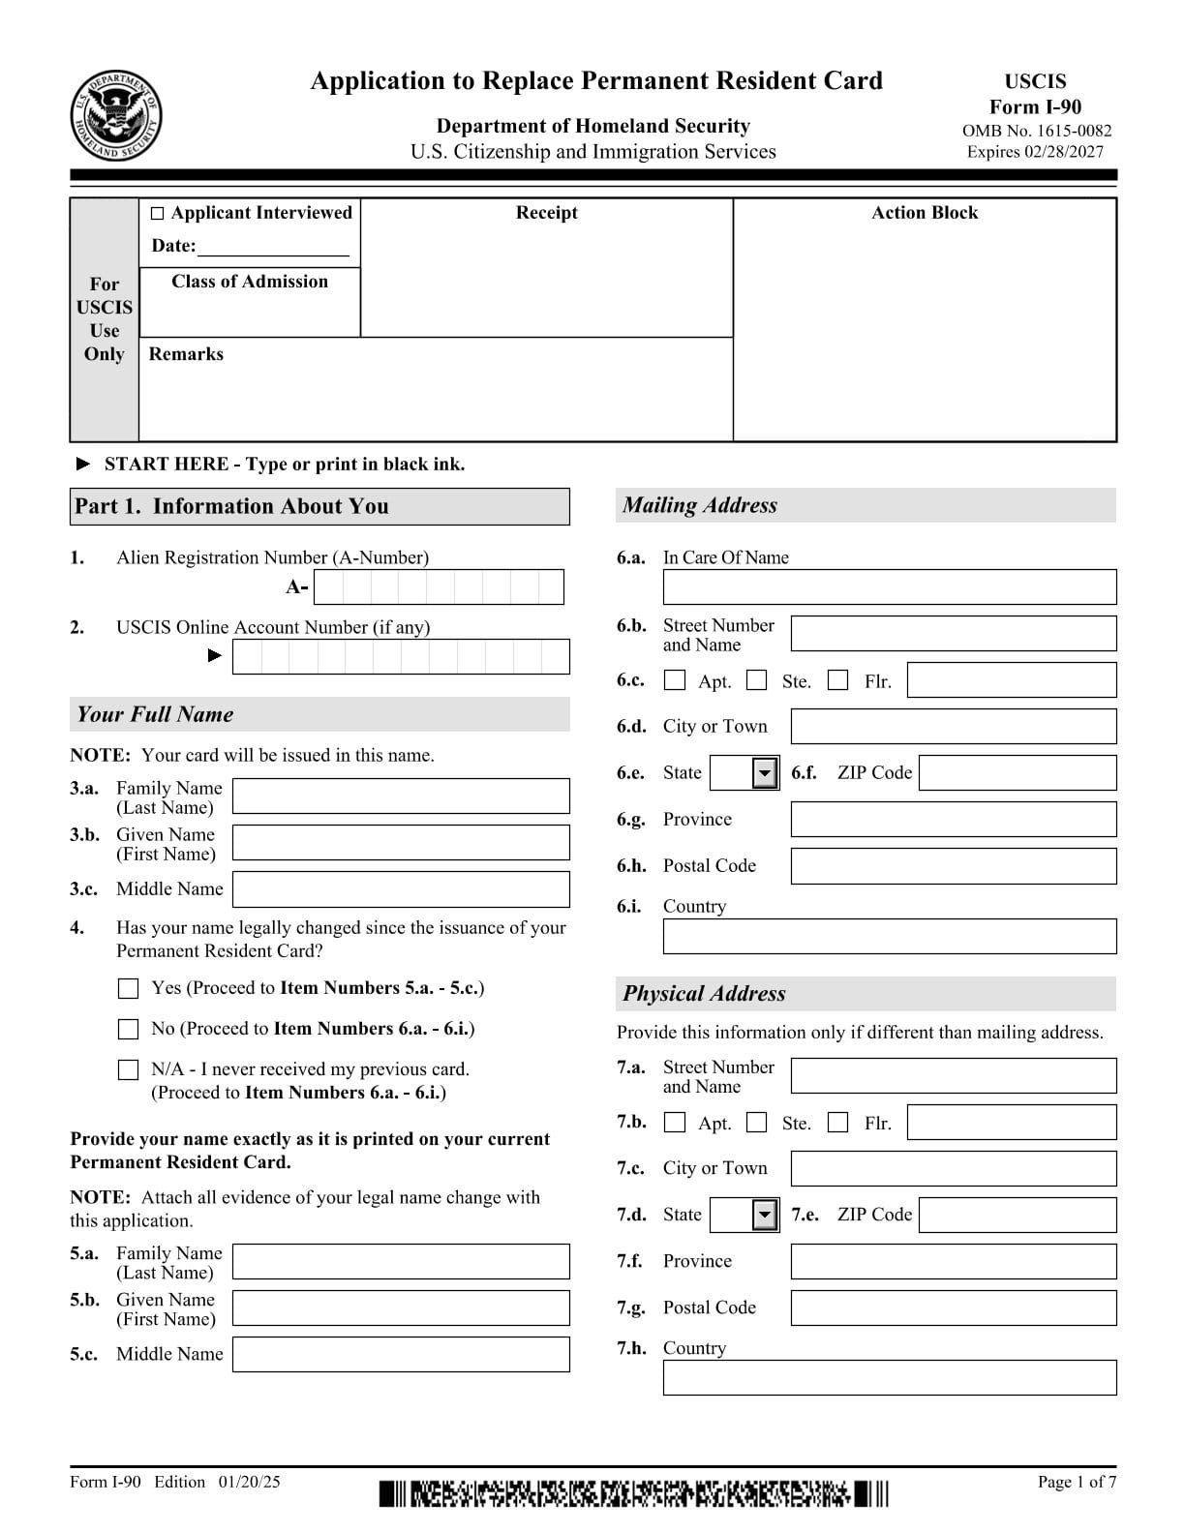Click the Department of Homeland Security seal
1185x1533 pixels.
(115, 118)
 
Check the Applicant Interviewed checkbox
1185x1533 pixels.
(158, 214)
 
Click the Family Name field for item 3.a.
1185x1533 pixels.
(401, 797)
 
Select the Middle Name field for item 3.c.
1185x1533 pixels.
(401, 889)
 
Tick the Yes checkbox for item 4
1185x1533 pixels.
(128, 988)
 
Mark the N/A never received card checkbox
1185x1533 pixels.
(128, 1069)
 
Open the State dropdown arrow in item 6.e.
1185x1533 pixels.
(765, 773)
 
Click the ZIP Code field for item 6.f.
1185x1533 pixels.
(1017, 773)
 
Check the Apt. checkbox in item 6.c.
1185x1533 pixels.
(675, 680)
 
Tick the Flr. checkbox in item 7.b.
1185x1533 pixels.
(838, 1123)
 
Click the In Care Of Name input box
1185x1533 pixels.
(889, 587)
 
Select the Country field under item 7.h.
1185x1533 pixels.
(889, 1377)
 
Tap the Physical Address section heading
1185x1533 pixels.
(704, 994)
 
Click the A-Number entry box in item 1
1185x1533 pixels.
(439, 587)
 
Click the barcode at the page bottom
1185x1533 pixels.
(633, 1493)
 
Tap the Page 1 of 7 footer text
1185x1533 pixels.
(1077, 1482)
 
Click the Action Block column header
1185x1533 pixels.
(924, 213)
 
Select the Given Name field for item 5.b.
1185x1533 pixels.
(401, 1308)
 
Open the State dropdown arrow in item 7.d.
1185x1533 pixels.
(765, 1216)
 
